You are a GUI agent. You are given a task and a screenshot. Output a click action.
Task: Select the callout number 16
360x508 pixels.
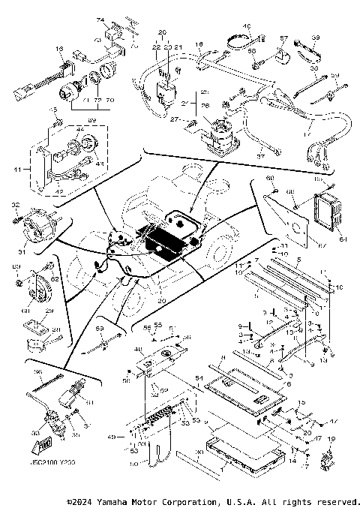pyautogui.click(x=58, y=49)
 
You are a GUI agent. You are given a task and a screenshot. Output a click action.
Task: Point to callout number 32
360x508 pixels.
pyautogui.click(x=16, y=205)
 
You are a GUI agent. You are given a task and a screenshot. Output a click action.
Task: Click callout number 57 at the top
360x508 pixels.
pyautogui.click(x=283, y=37)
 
